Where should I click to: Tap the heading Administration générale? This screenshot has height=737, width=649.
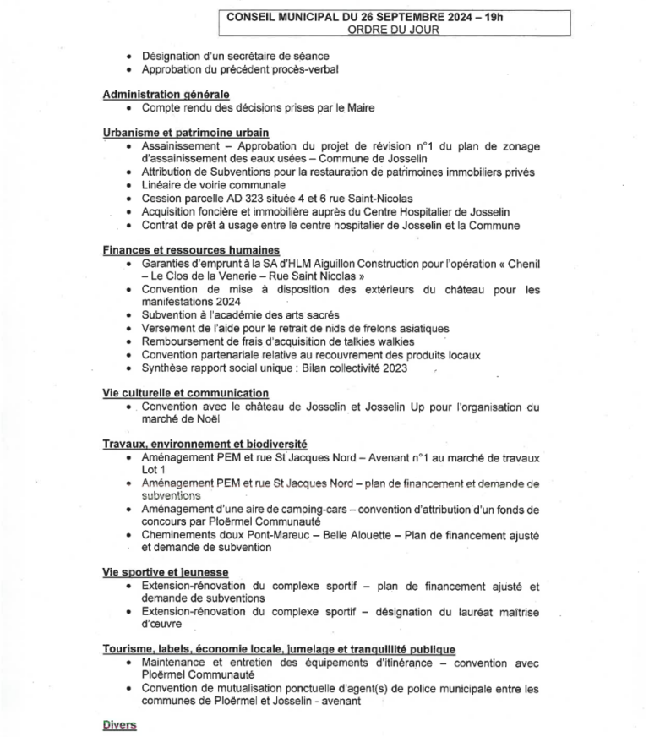tap(166, 95)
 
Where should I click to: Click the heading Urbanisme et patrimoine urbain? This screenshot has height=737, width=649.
tap(186, 132)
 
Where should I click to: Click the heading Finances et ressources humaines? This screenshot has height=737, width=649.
tap(191, 250)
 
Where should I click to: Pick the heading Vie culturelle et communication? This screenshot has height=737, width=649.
tap(186, 393)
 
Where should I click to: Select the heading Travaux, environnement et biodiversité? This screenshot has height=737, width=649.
tap(205, 445)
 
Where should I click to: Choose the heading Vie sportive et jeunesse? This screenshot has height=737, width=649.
tap(166, 573)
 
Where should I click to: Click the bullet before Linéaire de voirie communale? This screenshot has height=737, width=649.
tap(128, 185)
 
